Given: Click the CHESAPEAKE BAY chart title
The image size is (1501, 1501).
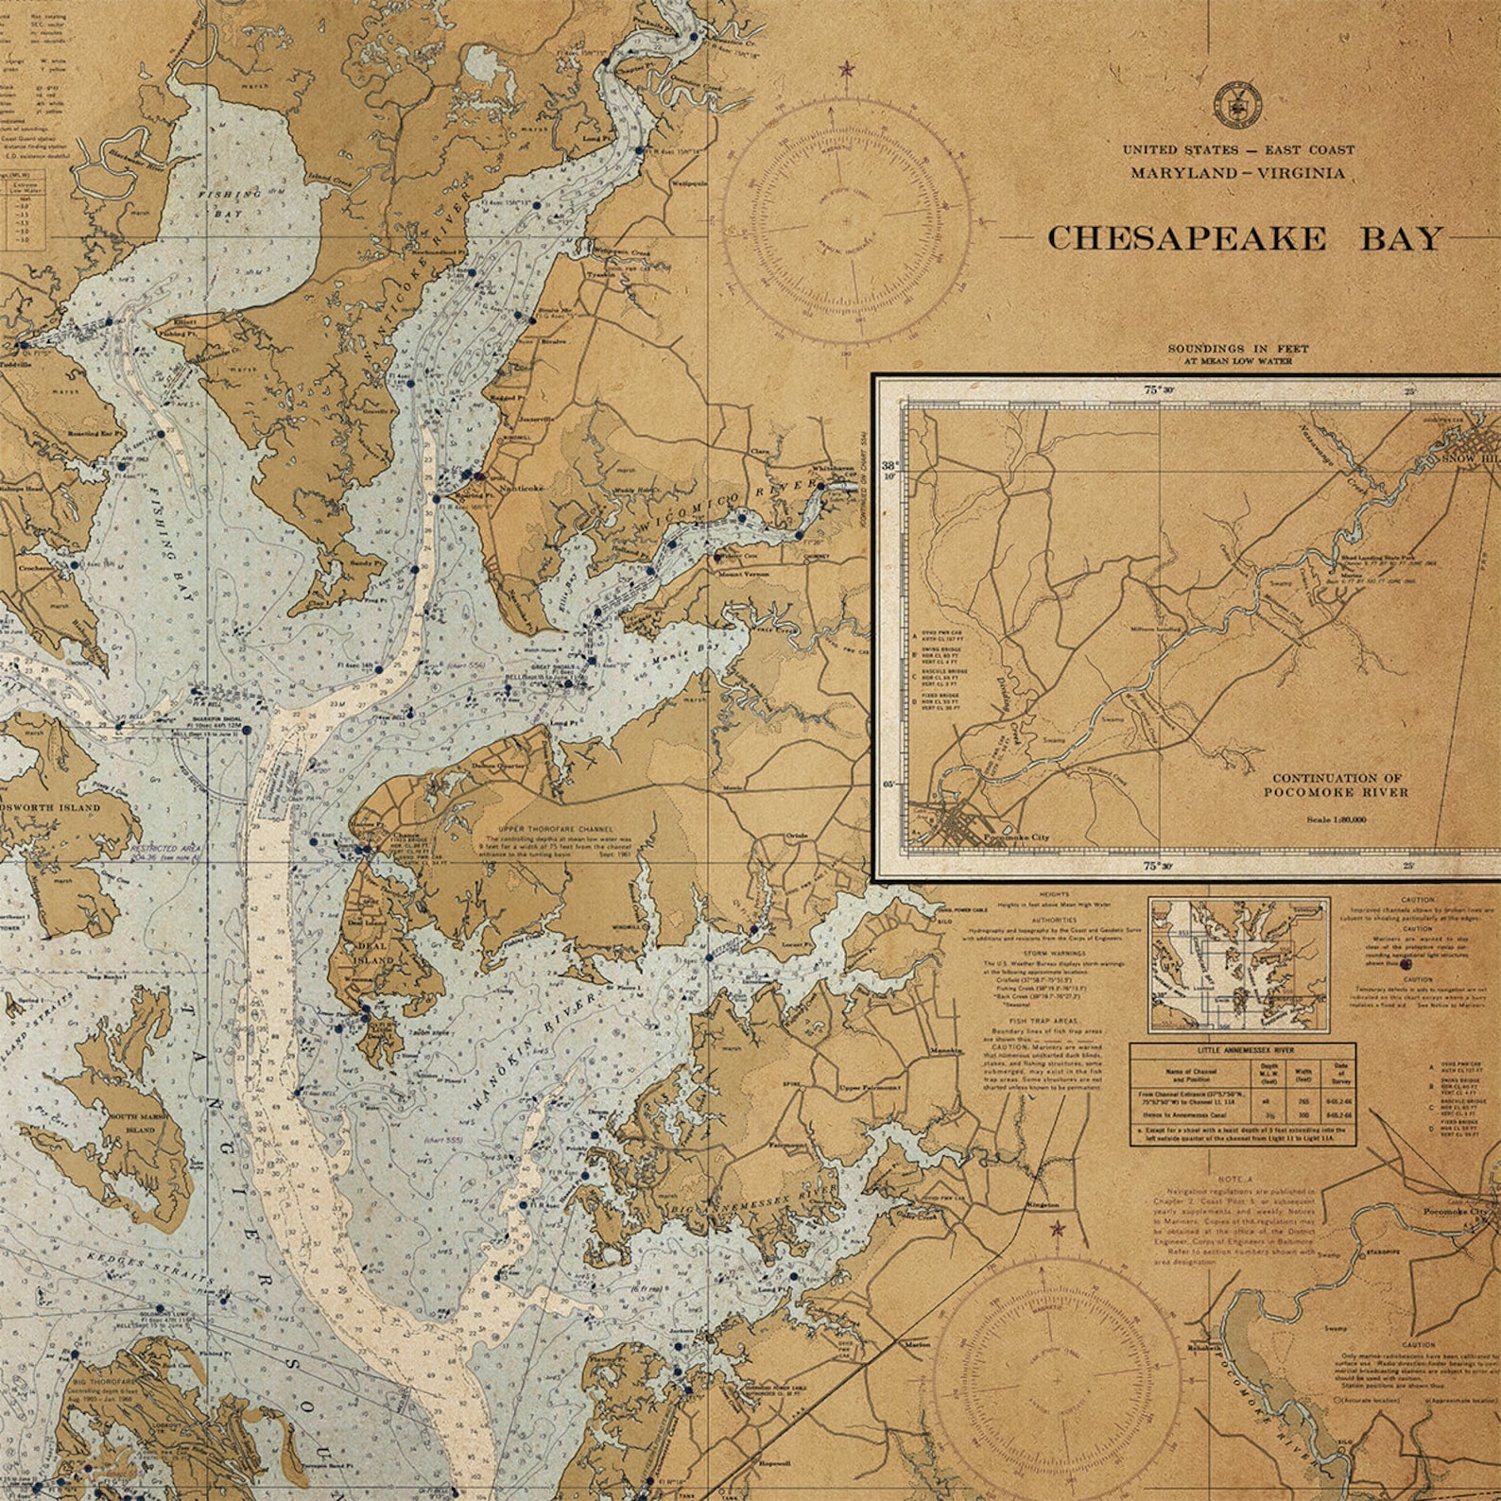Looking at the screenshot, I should tap(1245, 237).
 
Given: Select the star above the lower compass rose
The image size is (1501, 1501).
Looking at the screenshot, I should tap(1057, 1229).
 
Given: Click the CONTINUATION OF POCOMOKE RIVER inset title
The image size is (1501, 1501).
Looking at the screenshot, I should tap(1336, 785).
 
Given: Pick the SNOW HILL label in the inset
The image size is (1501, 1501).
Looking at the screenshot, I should tap(1470, 457).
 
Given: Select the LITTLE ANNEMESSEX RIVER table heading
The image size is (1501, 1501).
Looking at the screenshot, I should tap(1242, 1050).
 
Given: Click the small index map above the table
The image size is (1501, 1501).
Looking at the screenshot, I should tap(1238, 964).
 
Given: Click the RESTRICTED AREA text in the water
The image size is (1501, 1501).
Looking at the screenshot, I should tap(165, 850).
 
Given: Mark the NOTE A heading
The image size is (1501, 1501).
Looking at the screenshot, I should tap(1234, 1181).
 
